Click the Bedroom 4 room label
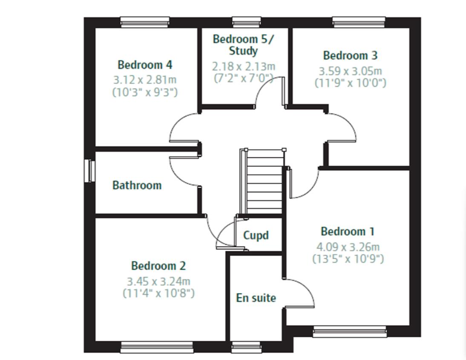pyautogui.click(x=145, y=65)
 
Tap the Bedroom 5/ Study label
pyautogui.click(x=244, y=45)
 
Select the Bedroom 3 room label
pyautogui.click(x=350, y=55)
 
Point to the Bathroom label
pyautogui.click(x=137, y=185)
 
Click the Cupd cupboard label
pyautogui.click(x=256, y=235)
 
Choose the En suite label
pyautogui.click(x=256, y=298)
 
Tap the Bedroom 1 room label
pyautogui.click(x=348, y=231)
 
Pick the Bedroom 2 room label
pyautogui.click(x=158, y=266)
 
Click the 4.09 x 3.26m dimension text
pyautogui.click(x=348, y=247)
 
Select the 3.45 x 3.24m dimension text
pyautogui.click(x=158, y=281)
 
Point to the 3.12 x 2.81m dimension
pyautogui.click(x=145, y=80)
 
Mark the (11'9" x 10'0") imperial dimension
pyautogui.click(x=350, y=83)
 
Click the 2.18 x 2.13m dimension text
pyautogui.click(x=244, y=67)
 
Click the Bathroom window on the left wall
pyautogui.click(x=89, y=170)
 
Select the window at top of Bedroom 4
pyautogui.click(x=145, y=22)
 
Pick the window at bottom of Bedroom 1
pyautogui.click(x=350, y=331)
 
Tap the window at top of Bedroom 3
pyautogui.click(x=359, y=22)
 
